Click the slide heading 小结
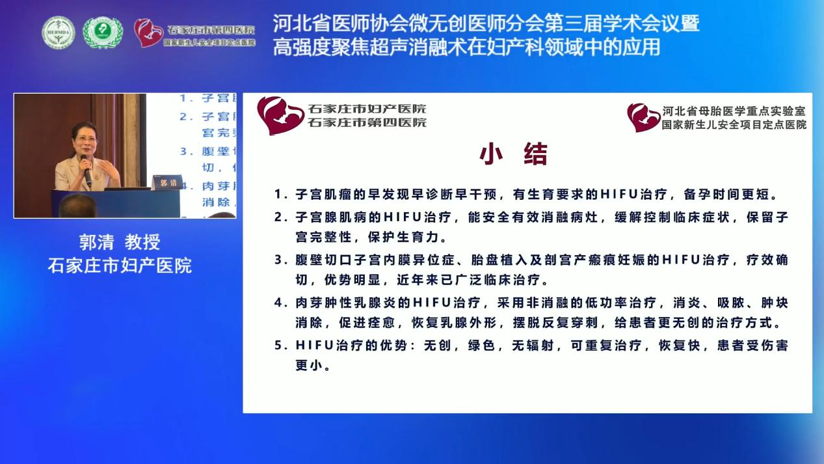click(x=514, y=155)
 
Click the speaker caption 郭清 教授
click(x=120, y=243)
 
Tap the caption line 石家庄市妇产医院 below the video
click(x=120, y=266)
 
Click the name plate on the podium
click(x=167, y=183)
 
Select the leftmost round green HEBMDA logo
click(x=59, y=33)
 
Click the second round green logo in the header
click(x=102, y=33)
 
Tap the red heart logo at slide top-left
click(x=280, y=115)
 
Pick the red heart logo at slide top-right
click(x=643, y=118)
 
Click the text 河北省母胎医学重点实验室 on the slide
click(x=734, y=111)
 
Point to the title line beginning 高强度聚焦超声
click(x=466, y=47)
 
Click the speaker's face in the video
click(x=84, y=139)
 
